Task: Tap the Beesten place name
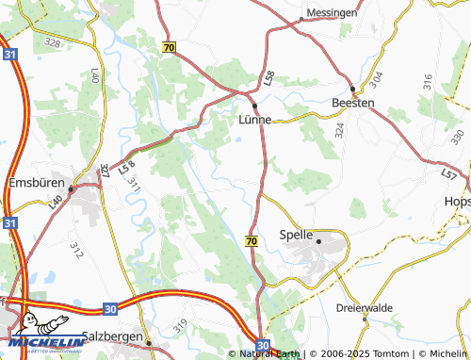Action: [x=353, y=103]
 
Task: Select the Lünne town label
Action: [x=255, y=120]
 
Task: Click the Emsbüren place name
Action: [x=33, y=183]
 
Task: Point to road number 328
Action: [x=52, y=43]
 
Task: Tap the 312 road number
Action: [x=75, y=250]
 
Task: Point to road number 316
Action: [x=427, y=82]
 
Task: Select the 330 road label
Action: [x=457, y=137]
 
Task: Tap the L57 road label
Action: [x=448, y=174]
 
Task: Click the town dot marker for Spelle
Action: [x=319, y=240]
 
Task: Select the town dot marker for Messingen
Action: [x=300, y=19]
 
